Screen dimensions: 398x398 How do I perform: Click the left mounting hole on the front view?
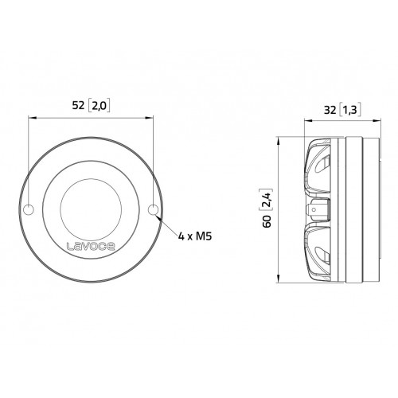pyautogui.click(x=29, y=210)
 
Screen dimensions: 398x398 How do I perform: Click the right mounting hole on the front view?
pyautogui.click(x=153, y=210)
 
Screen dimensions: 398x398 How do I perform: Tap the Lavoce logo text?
pyautogui.click(x=91, y=247)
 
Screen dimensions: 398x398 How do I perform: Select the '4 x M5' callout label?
pyautogui.click(x=195, y=236)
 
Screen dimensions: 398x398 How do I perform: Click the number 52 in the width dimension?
pyautogui.click(x=78, y=105)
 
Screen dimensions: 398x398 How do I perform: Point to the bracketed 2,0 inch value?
pyautogui.click(x=99, y=106)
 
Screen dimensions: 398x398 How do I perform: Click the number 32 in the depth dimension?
pyautogui.click(x=330, y=110)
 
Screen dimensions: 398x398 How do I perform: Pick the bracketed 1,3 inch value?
pyautogui.click(x=350, y=110)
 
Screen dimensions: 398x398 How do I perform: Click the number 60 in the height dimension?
pyautogui.click(x=267, y=221)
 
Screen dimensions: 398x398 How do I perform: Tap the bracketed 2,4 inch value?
pyautogui.click(x=267, y=199)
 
